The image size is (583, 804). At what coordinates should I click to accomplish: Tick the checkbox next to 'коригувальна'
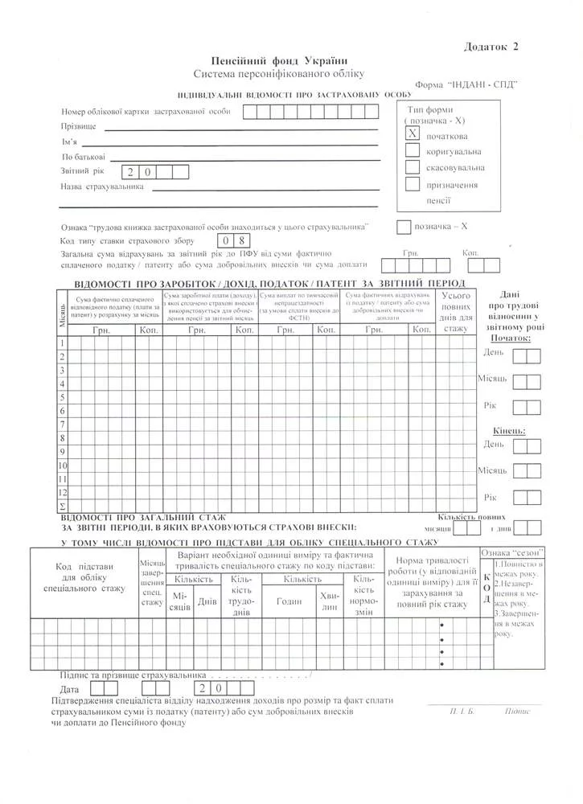tap(412, 150)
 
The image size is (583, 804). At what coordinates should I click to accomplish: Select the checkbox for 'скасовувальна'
tap(412, 167)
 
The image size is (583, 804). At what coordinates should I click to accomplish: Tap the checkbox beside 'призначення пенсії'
tap(412, 184)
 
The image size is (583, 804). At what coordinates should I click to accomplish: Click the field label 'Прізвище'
tap(78, 127)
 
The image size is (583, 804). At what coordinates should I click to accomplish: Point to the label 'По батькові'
tap(82, 157)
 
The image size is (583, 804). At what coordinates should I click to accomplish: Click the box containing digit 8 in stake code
tap(246, 240)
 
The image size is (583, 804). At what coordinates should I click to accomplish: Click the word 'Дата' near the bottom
tap(70, 690)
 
